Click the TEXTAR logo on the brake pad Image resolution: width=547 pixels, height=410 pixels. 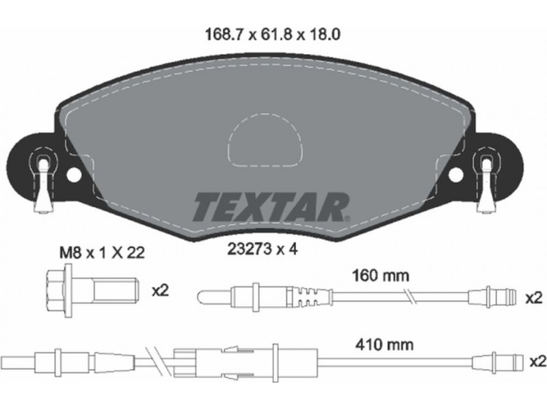[271, 207]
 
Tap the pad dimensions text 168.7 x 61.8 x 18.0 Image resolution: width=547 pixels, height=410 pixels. [273, 35]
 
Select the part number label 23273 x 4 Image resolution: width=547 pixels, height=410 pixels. [263, 249]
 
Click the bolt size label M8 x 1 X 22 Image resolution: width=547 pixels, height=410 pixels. [102, 253]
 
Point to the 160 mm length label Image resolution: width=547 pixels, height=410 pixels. [381, 276]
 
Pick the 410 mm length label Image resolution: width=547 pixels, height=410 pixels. [384, 345]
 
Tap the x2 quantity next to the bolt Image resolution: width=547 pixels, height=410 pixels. [160, 290]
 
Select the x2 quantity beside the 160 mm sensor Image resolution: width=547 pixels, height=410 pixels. [534, 298]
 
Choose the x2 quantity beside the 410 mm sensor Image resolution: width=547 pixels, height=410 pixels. [537, 362]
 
